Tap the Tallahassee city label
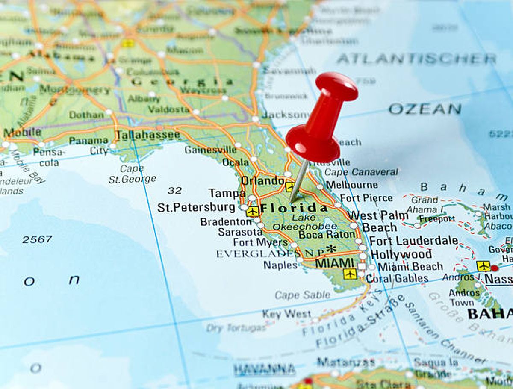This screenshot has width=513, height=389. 148,135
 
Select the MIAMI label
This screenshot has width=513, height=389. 335,263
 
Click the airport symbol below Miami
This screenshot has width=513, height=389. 350,274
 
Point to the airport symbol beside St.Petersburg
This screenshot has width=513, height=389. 253,211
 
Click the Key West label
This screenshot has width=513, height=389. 286,314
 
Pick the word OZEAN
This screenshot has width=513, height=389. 425,109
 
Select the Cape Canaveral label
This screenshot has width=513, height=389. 361,172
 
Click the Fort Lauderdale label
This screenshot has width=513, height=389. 413,241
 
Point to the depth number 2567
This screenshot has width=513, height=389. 37,239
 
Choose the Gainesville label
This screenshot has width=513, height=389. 210,150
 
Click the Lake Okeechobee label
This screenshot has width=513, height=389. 305,222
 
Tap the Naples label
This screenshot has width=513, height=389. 280,265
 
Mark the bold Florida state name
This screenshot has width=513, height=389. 294,208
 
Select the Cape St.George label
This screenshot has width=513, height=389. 132,174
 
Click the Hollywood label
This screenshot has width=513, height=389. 401,254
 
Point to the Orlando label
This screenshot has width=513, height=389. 262,180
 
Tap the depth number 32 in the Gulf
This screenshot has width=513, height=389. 174,190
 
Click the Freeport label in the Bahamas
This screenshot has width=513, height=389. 437,219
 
